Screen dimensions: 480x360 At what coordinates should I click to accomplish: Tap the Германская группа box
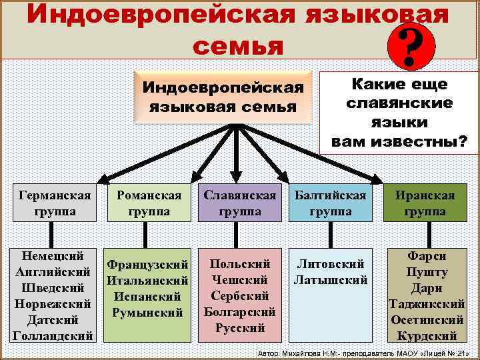pos(56,203)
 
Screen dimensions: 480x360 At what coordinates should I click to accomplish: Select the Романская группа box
pos(149,203)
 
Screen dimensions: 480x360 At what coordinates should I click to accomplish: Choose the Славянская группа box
pos(240,203)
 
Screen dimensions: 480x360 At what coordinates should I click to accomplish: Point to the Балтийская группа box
pos(331,203)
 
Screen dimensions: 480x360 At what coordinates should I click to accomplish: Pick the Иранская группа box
pos(425,203)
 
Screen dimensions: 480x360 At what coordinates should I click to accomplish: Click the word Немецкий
pos(53,256)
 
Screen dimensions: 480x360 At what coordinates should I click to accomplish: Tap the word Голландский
pos(53,335)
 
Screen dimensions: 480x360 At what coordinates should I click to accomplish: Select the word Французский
pos(149,265)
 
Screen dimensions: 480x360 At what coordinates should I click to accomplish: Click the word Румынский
pos(149,312)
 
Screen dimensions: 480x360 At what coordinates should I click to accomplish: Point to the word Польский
pos(240,264)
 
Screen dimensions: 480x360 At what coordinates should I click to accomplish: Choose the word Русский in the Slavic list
pos(240,327)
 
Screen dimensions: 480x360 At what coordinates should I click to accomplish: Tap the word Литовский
pos(331,264)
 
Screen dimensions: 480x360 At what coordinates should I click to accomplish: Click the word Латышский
pos(331,280)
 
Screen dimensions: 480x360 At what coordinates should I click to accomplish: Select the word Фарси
pos(427,256)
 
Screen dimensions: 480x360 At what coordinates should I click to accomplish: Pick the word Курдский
pos(427,335)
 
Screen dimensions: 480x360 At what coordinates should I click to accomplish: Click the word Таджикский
pos(427,304)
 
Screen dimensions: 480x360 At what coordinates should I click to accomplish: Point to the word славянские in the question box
pos(400,103)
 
